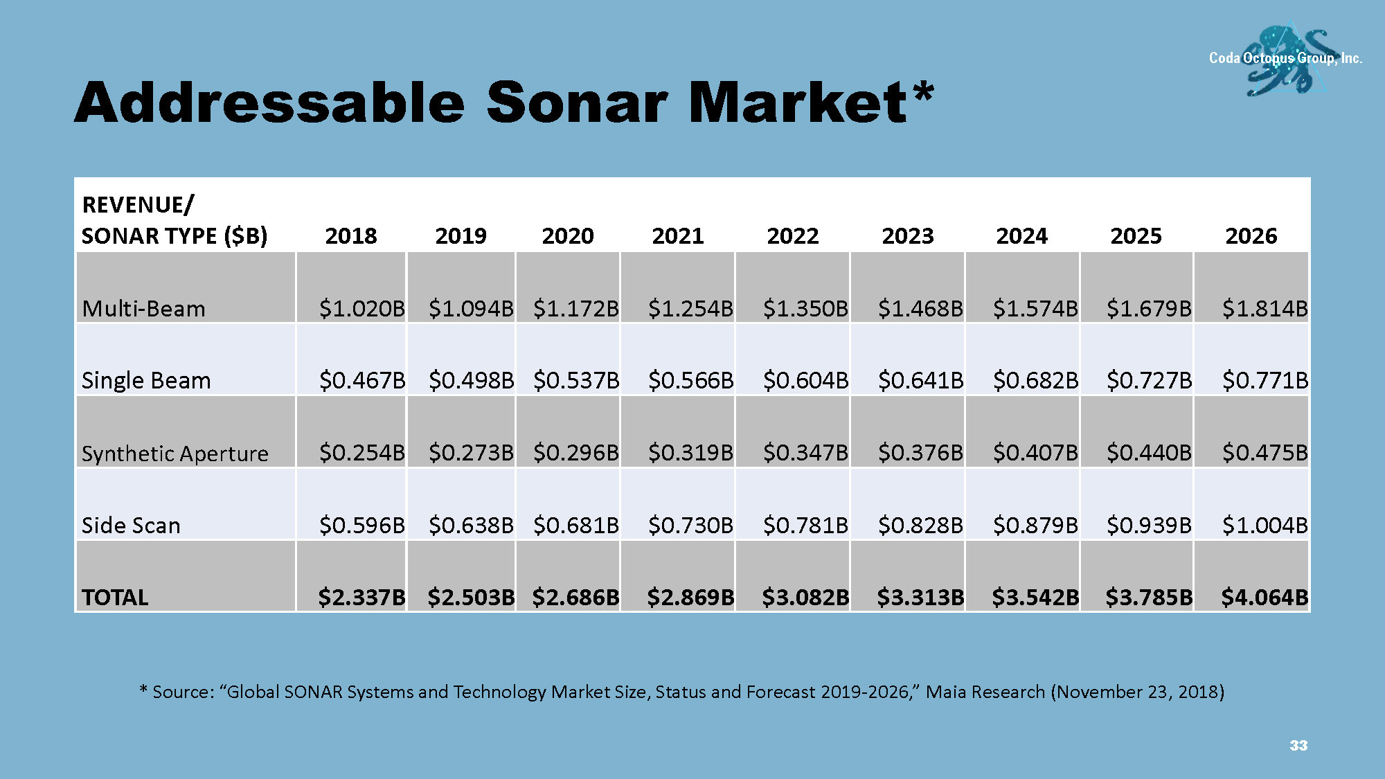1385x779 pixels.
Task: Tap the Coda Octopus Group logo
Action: (x=1285, y=60)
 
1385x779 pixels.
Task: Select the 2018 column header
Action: (x=351, y=236)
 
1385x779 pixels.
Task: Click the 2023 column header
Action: (x=907, y=236)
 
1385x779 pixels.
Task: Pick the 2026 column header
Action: (x=1251, y=236)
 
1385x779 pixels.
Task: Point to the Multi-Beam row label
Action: (x=143, y=309)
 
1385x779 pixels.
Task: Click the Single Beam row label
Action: (x=146, y=381)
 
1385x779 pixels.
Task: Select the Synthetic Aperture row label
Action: (x=175, y=454)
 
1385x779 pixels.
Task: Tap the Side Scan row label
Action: (x=131, y=526)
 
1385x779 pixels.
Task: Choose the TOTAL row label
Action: (x=115, y=598)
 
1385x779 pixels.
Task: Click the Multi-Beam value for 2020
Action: (x=575, y=309)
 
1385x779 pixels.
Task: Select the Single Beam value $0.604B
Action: (x=805, y=381)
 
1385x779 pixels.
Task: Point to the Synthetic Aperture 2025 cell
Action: (x=1149, y=453)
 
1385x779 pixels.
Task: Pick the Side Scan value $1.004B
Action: (x=1265, y=526)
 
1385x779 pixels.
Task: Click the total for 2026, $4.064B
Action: (x=1265, y=598)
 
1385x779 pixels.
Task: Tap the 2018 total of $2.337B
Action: (x=361, y=598)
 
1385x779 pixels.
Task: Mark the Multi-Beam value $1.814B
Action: (x=1265, y=309)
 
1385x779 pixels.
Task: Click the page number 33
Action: (x=1298, y=746)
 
